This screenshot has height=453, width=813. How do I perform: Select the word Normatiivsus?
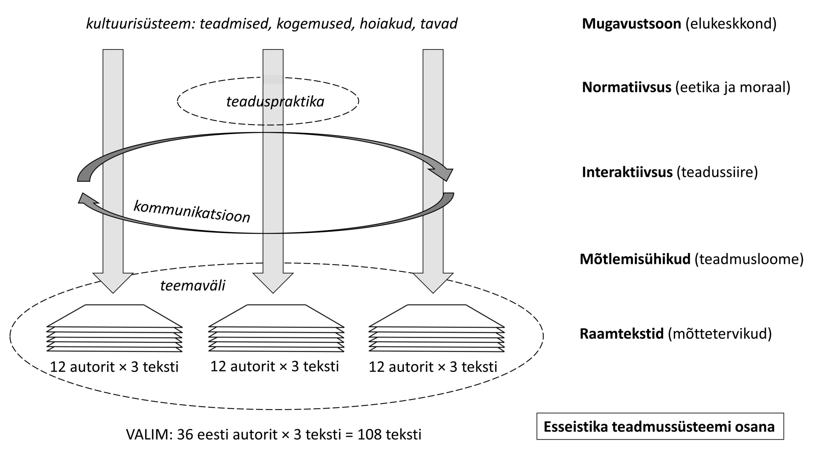click(627, 87)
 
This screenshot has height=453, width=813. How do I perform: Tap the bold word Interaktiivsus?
click(627, 172)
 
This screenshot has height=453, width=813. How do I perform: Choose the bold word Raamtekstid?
click(622, 334)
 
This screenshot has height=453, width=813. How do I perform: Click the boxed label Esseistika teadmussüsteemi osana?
click(660, 427)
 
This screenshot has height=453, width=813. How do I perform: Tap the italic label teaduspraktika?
click(275, 102)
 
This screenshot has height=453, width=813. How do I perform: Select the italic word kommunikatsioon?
click(192, 212)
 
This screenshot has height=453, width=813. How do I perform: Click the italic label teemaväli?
click(193, 285)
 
